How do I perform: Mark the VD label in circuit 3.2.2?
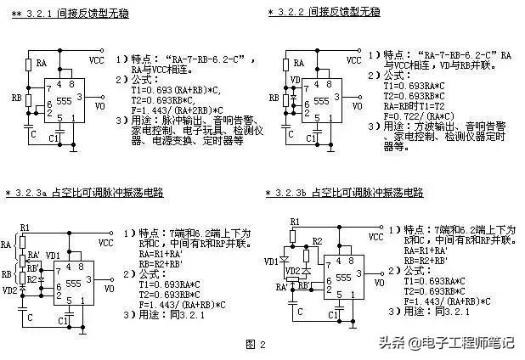tap(294, 81)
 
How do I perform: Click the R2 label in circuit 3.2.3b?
tap(316, 242)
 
